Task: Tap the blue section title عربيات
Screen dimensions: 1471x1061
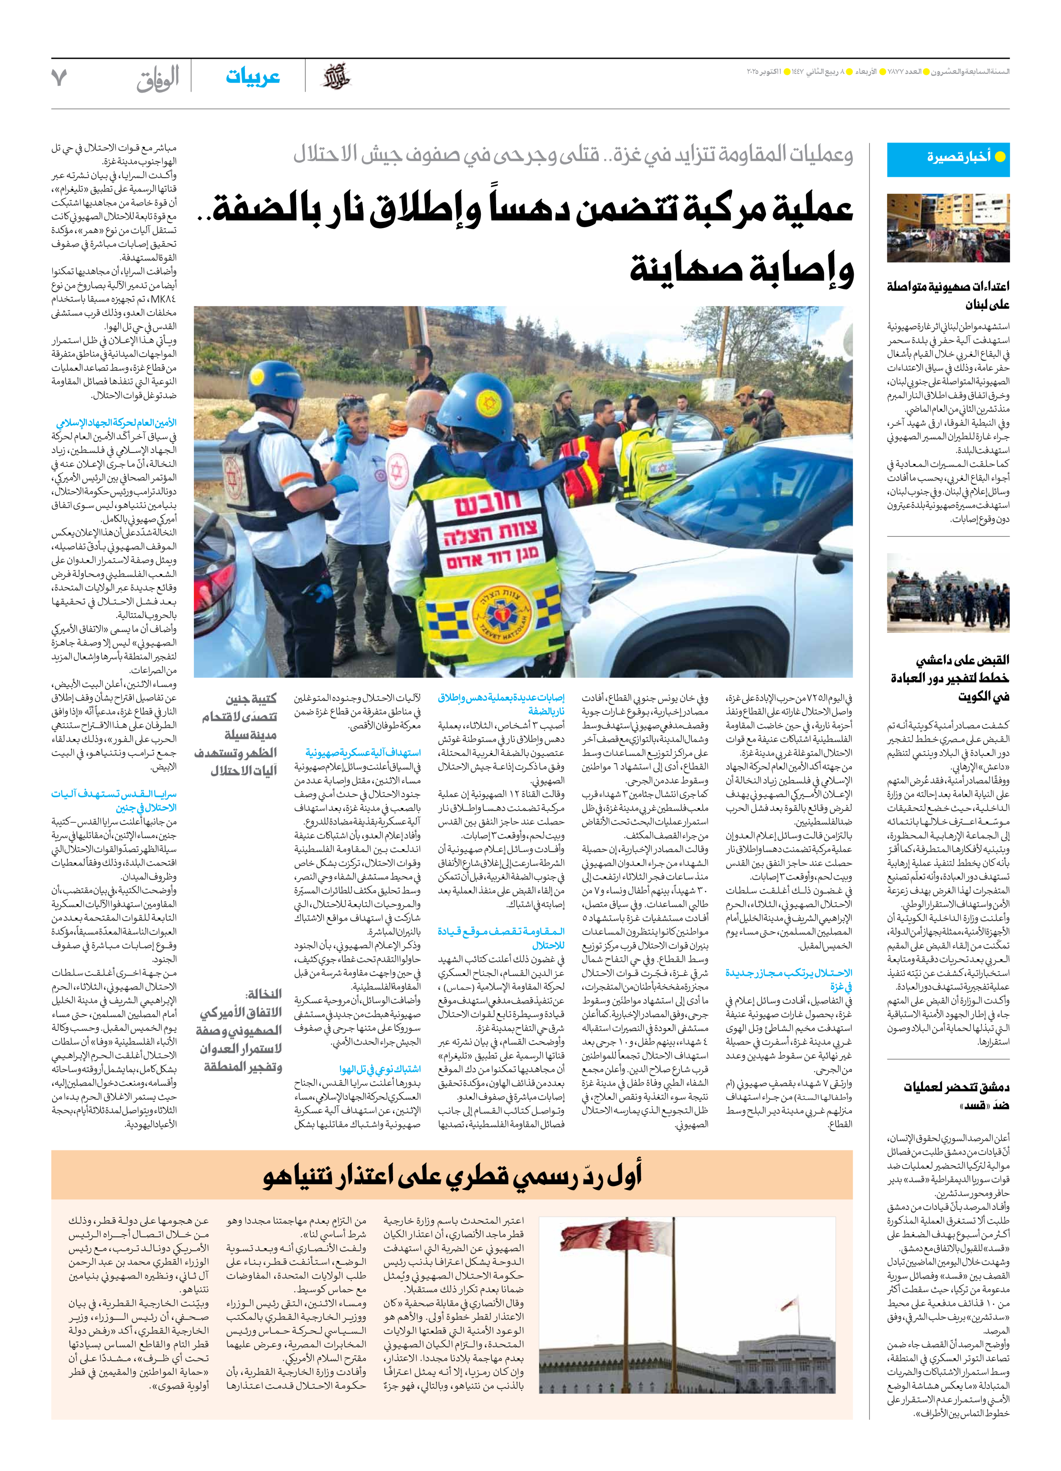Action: point(253,77)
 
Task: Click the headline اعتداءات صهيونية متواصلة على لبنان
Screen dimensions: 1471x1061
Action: point(948,295)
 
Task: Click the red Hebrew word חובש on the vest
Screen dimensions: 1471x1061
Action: point(487,504)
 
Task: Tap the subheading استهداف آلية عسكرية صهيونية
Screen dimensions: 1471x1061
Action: point(363,753)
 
